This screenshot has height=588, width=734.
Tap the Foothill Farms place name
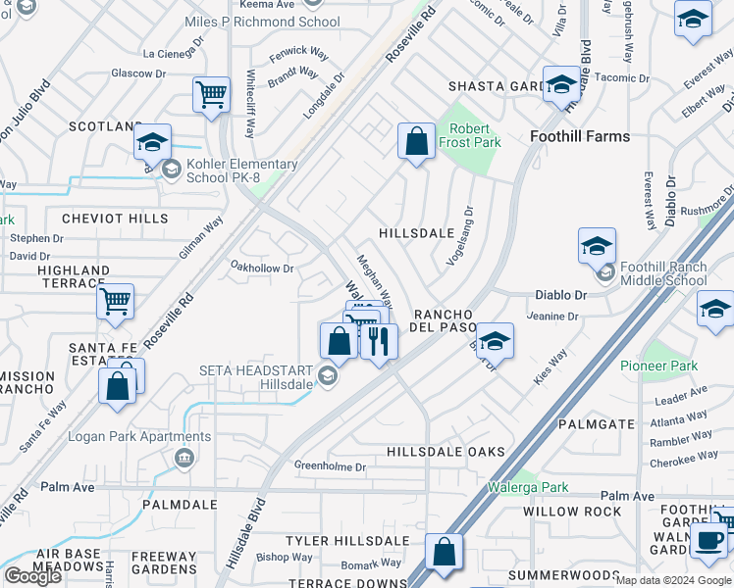tap(579, 136)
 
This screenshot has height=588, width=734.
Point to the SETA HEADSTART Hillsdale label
tap(257, 377)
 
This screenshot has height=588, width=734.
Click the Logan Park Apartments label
tap(119, 436)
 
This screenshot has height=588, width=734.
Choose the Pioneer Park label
tap(658, 366)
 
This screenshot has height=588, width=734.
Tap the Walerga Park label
tap(528, 487)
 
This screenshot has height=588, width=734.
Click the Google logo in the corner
tap(32, 576)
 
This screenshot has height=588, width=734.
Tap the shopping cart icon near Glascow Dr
tap(211, 96)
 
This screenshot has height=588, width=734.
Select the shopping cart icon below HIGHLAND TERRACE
tap(116, 302)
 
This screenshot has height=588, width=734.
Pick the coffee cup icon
tap(708, 539)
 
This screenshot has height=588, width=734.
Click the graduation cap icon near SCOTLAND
tap(152, 142)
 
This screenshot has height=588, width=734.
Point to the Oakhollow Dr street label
tap(261, 268)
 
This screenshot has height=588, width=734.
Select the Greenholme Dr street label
tap(330, 467)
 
